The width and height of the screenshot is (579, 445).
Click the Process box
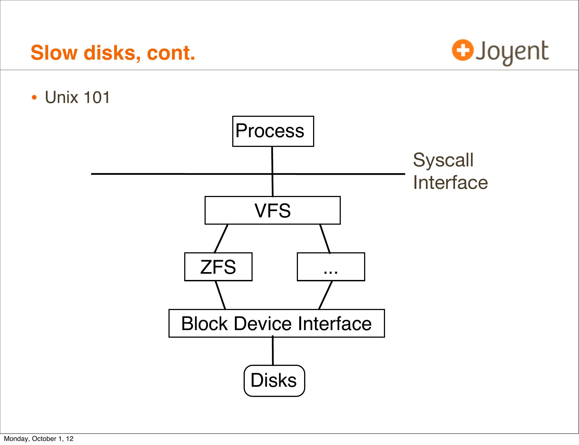[273, 131]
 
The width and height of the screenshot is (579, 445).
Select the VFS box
[272, 211]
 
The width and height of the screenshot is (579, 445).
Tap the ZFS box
[218, 267]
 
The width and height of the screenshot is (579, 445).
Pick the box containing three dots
[331, 267]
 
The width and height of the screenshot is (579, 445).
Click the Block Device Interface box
[276, 323]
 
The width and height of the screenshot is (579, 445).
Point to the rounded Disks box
[274, 380]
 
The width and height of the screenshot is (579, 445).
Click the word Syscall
[443, 160]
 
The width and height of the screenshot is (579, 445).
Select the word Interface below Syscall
[450, 182]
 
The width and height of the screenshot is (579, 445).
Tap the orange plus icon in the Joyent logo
[463, 50]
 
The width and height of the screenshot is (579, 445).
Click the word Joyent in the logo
[512, 51]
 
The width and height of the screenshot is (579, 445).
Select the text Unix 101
[77, 97]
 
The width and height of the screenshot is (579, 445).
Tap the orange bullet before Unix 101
[34, 98]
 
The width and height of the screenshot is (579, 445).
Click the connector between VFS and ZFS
[221, 239]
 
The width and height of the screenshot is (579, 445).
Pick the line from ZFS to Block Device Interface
[220, 295]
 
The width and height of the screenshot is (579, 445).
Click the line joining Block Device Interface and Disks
[273, 351]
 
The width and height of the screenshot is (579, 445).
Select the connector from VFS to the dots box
[325, 239]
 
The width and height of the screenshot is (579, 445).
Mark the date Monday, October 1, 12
[39, 439]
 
